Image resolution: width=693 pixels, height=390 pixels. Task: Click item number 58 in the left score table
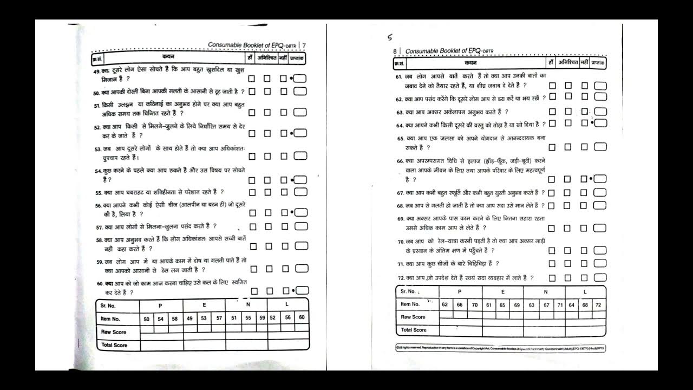click(174, 319)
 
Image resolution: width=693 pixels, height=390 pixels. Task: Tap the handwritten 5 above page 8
click(389, 37)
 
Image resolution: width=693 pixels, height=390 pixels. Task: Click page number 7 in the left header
click(304, 45)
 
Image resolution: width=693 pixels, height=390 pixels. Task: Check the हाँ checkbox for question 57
click(252, 227)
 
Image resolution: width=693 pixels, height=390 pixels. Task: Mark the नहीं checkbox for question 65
click(584, 147)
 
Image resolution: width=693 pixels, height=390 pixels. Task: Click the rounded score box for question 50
click(300, 92)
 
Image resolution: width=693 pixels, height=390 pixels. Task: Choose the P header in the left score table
click(160, 305)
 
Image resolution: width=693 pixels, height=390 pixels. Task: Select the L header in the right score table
click(585, 292)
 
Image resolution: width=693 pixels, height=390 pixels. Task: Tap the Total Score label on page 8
click(414, 330)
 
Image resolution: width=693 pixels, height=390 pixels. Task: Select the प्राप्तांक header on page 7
click(297, 57)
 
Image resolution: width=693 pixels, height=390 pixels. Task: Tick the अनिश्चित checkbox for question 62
click(568, 96)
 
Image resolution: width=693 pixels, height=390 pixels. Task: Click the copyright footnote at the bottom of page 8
click(500, 348)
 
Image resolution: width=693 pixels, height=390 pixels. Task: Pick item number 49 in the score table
click(190, 319)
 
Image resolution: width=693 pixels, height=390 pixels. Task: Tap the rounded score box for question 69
click(600, 228)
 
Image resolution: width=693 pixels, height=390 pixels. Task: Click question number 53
click(98, 148)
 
